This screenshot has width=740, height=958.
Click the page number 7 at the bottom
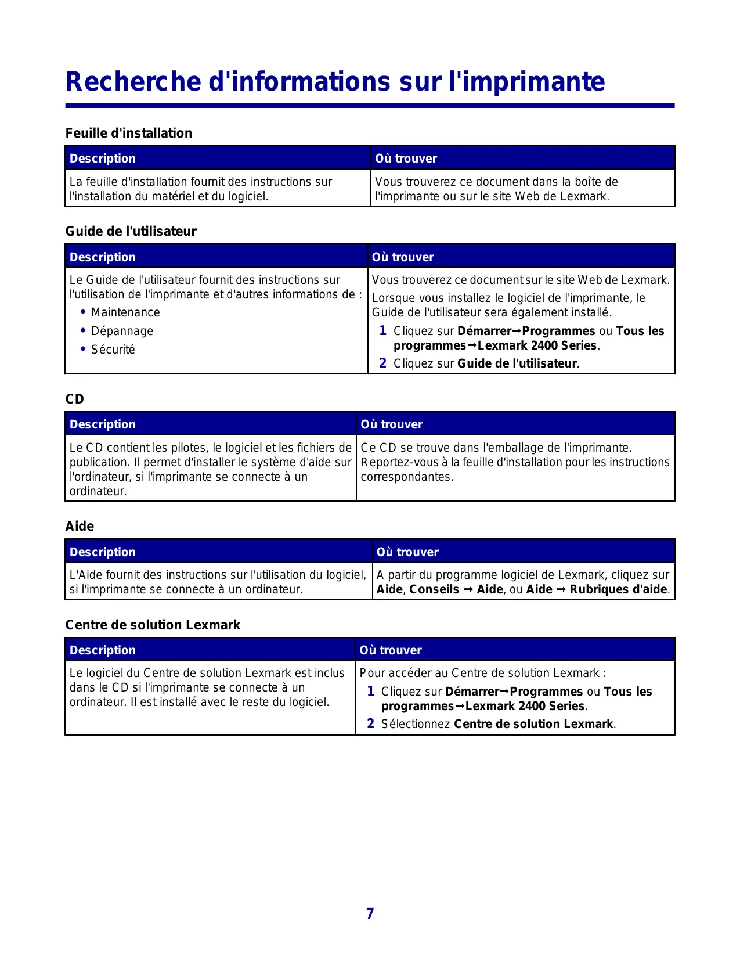pos(370,913)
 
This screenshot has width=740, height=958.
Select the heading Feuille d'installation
pos(129,133)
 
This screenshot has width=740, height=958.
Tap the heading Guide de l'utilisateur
pos(131,231)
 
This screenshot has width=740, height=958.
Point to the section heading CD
pos(75,399)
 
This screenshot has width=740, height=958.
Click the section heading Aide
pos(80,526)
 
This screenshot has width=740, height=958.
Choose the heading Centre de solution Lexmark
pos(153,625)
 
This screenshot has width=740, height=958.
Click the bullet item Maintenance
pos(125,312)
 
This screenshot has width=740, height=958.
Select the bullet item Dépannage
pos(122,331)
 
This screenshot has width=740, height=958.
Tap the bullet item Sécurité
pos(113,350)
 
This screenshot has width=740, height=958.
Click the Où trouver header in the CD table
pos(392,424)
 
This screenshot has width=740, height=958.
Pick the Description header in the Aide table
pos(103,552)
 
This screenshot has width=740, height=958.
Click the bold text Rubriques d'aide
pos(619,589)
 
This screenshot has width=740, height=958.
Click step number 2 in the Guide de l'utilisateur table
pos(382,363)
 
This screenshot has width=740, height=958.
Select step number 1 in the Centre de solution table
pos(370,692)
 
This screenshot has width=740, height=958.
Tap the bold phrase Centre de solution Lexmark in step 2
pos(533,724)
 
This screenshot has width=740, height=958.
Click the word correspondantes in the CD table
pos(406,477)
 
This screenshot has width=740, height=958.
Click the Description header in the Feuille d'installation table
pos(103,159)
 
